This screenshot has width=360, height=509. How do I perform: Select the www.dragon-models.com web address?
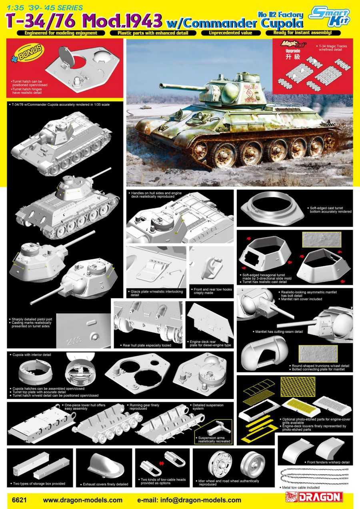[x=82, y=500]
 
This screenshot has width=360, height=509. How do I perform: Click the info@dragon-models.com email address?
[x=189, y=500]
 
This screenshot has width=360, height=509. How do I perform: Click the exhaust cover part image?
[x=104, y=466]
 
